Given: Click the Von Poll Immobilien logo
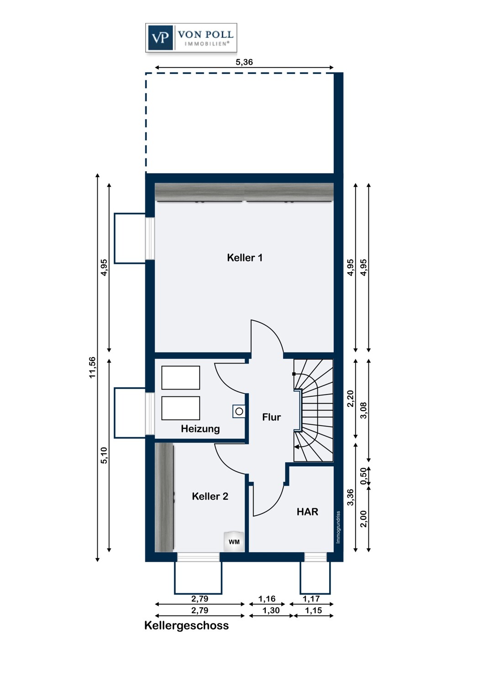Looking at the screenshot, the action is [191, 37].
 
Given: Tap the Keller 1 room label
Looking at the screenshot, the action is [245, 258].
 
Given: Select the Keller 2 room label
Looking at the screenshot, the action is [210, 496].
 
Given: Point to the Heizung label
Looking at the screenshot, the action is [200, 429].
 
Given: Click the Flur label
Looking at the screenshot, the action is [272, 417].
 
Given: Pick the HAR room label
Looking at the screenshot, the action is [307, 511].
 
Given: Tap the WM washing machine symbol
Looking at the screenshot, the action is [234, 542].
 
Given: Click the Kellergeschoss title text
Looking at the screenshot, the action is [186, 625].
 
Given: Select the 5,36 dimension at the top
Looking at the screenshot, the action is [244, 62].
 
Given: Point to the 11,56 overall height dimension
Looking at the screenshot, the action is [92, 368].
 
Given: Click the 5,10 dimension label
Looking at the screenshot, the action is [104, 455].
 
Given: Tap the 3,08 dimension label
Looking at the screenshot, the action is [364, 410].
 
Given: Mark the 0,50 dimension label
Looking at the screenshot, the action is [363, 476].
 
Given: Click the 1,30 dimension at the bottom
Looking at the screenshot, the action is [271, 610].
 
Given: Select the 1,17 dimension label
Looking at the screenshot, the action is [311, 598].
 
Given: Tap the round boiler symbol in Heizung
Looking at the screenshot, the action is [239, 411].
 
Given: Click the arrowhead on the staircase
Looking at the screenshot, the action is [296, 448].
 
